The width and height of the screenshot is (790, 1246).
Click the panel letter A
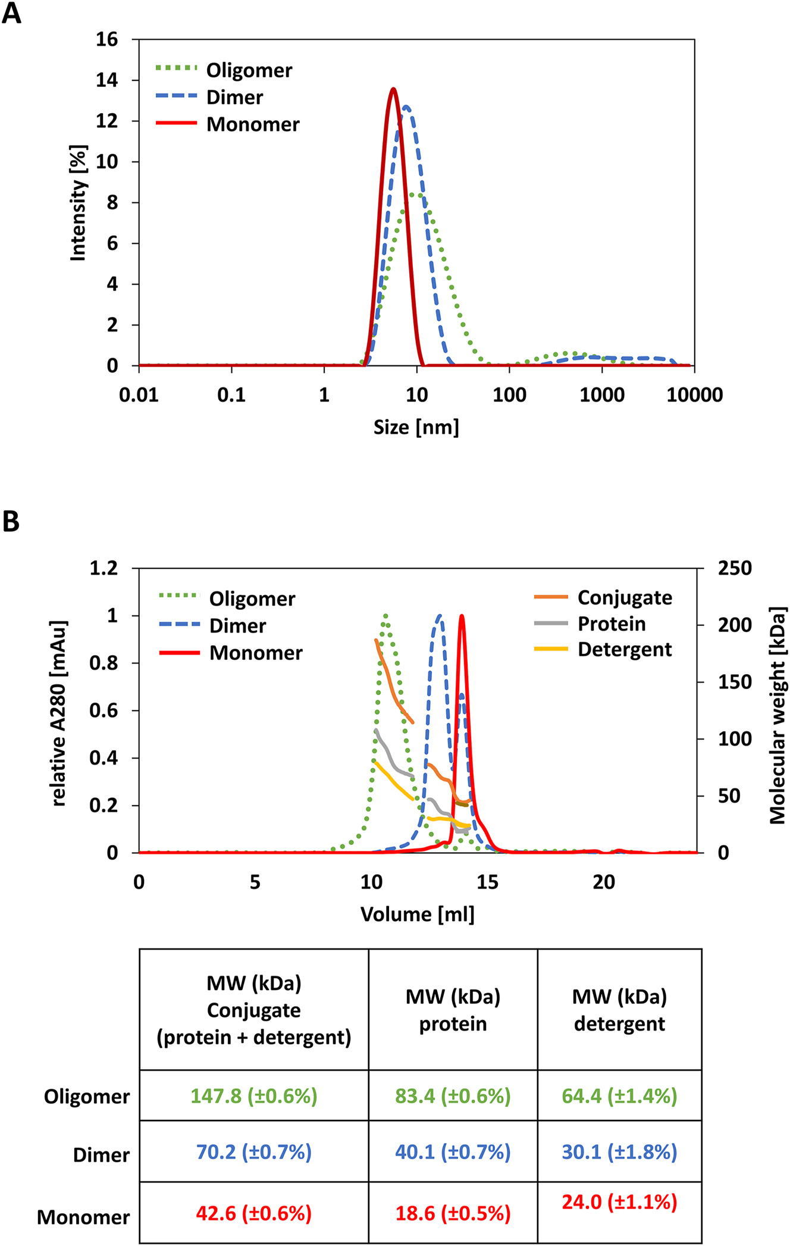click(x=11, y=13)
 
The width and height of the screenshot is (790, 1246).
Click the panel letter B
click(x=11, y=522)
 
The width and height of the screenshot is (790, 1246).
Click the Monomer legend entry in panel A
click(x=252, y=124)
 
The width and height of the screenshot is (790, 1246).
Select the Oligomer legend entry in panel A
click(x=249, y=70)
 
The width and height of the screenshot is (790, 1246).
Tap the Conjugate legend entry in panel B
click(x=624, y=597)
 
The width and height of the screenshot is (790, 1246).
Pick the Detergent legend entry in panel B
click(x=624, y=649)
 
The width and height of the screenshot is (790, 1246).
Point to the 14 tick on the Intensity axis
click(x=107, y=80)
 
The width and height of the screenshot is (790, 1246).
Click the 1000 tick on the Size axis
click(x=601, y=395)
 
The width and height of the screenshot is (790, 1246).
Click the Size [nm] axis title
click(x=416, y=427)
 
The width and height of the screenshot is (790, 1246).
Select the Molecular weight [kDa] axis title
click(x=777, y=715)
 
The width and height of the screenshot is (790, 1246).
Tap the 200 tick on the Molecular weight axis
click(x=735, y=625)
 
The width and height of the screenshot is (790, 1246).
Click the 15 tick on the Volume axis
click(x=487, y=881)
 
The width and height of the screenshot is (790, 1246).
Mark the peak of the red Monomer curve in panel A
click(x=393, y=89)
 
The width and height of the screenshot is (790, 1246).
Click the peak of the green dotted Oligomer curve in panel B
click(x=386, y=616)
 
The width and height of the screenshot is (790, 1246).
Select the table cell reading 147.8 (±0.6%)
click(x=254, y=1095)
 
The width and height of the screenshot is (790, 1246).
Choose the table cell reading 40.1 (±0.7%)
click(x=453, y=1151)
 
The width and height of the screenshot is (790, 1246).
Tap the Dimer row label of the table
click(x=101, y=1155)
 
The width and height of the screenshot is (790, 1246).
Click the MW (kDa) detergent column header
click(x=619, y=1010)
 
